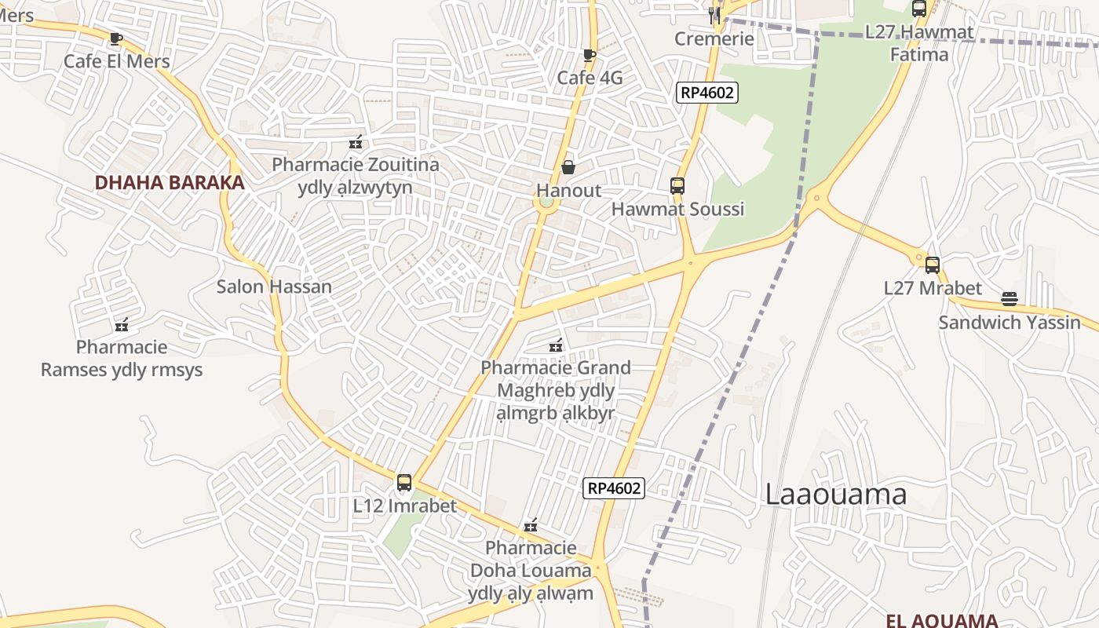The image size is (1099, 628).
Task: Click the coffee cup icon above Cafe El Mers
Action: coord(116,38)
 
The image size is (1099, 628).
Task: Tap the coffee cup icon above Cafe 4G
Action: coord(590,55)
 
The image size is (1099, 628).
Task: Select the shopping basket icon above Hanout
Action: coord(568,167)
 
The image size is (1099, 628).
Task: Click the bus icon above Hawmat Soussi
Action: coord(677,186)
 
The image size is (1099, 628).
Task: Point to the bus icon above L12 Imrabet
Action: coord(404,483)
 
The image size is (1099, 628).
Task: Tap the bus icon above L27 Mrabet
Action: coord(933,265)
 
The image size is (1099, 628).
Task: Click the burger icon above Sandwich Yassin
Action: coord(1010,299)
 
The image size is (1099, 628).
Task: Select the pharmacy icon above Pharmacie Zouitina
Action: coord(356,142)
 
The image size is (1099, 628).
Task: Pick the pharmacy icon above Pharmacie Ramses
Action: coord(122,324)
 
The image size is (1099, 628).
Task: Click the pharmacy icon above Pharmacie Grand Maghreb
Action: coord(556,345)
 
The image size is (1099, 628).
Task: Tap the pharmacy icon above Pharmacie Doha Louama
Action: coord(531,525)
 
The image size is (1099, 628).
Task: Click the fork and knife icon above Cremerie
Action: coord(714,15)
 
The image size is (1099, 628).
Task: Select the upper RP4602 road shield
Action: coord(706,93)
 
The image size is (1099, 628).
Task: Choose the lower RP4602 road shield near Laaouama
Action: coord(614,488)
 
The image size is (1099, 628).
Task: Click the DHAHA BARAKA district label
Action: coord(170,183)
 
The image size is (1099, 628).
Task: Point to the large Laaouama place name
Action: coord(835,495)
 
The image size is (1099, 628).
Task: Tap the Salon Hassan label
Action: coord(274,287)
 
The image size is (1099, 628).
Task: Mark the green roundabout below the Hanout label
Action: coord(546,203)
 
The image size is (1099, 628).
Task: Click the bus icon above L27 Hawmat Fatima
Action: coord(919,9)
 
